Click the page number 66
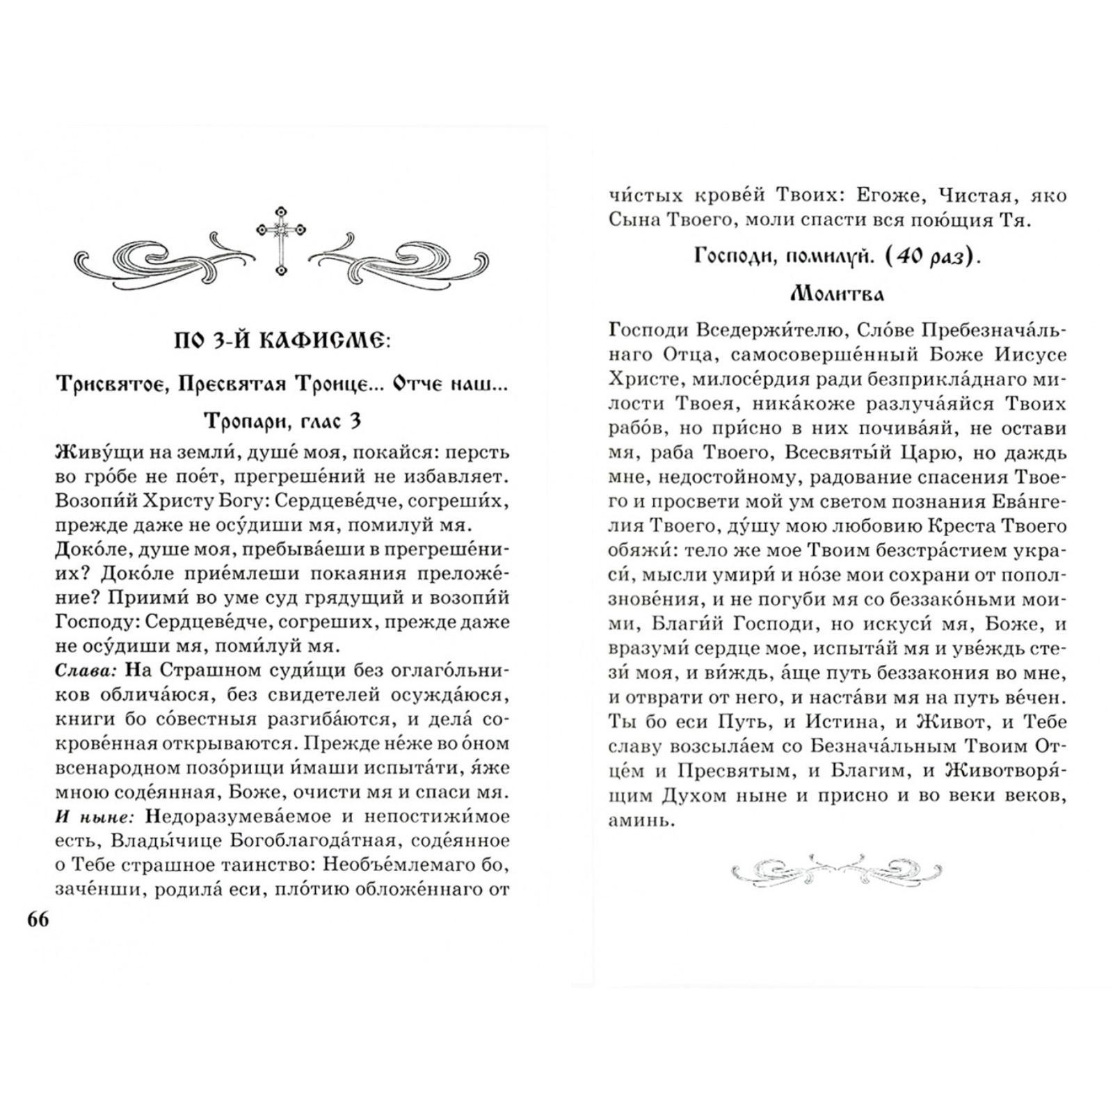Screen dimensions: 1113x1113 38,919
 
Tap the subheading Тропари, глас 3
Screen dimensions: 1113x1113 282,421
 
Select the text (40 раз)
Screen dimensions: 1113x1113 934,257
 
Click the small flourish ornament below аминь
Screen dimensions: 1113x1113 837,870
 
